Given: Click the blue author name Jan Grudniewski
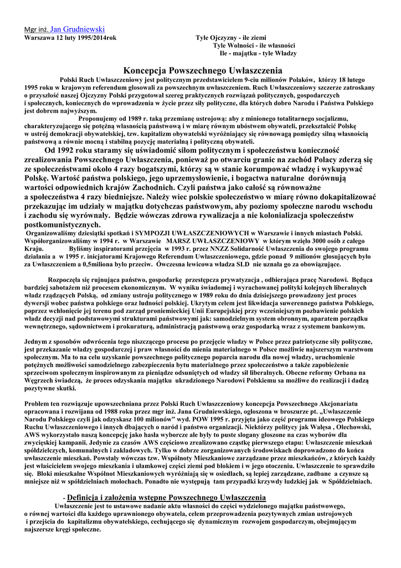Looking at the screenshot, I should point(78,29).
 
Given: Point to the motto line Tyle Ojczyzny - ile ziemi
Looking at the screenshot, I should point(230,38).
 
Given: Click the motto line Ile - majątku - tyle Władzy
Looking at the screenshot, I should point(258,53).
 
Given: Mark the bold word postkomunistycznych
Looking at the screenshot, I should point(63,226).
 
